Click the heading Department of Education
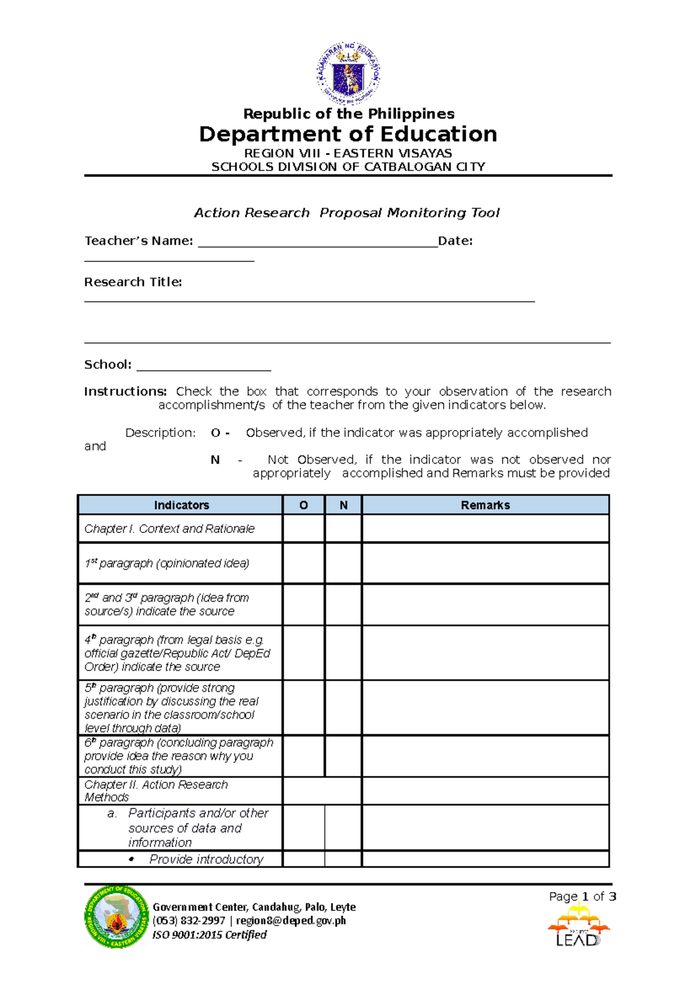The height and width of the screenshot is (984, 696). pos(348,134)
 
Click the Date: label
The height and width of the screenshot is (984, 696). pos(455,241)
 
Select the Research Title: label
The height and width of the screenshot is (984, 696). pos(133,282)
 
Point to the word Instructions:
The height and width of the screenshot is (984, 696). pos(125,392)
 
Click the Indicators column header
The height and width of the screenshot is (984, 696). pos(181,505)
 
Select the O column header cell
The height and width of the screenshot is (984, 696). pos(303,505)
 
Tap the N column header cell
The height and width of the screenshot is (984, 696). pos(343,505)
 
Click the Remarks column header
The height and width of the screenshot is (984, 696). pos(485,505)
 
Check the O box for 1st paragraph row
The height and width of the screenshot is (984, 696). pos(303,563)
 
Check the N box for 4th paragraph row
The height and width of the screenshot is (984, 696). pos(343,653)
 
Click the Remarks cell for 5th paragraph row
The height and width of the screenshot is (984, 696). pos(485,708)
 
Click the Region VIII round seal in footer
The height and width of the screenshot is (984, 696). pos(117,917)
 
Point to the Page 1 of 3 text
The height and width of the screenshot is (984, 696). pos(582,897)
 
